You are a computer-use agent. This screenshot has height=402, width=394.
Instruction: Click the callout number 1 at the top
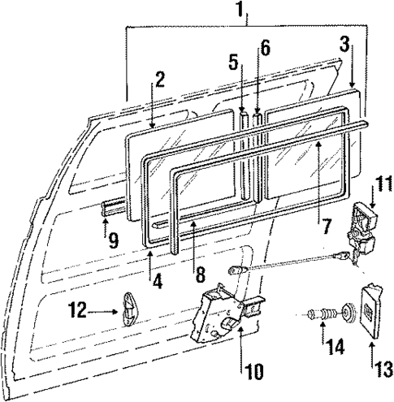[x=240, y=11]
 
